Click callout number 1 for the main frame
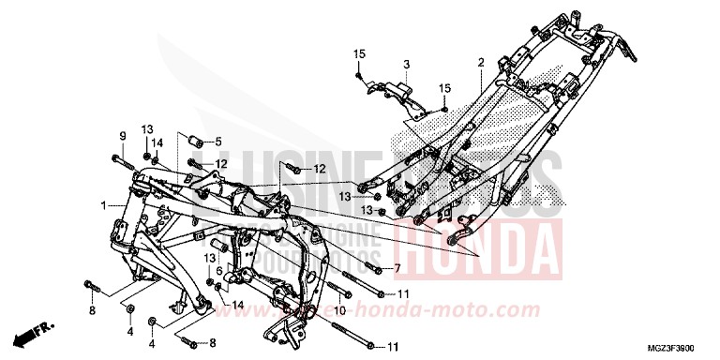point(104,203)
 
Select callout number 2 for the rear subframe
point(480,62)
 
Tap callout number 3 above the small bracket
point(407,63)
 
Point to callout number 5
point(217,142)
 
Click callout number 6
point(219,270)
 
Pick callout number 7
point(397,268)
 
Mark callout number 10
point(339,309)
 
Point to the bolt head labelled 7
point(373,268)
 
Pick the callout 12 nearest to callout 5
point(221,165)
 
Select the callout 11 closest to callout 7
point(403,293)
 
